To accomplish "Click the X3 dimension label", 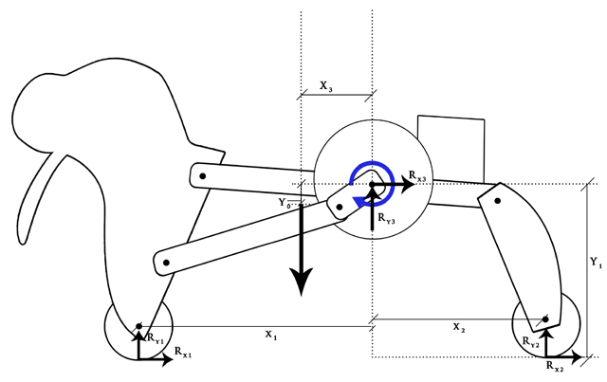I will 326,87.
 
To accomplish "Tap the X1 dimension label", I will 270,336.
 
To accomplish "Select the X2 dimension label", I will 459,328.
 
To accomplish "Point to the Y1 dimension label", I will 596,259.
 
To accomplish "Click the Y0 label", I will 283,202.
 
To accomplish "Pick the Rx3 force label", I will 418,176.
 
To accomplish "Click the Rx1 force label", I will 183,352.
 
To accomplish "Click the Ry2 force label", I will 530,342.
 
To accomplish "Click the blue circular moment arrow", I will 371,182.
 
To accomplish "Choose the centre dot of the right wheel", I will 545,319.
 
